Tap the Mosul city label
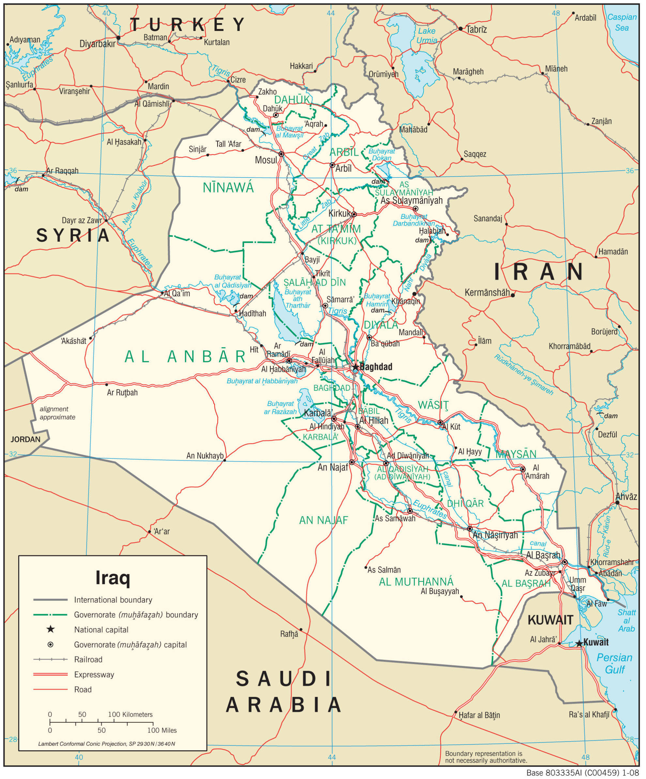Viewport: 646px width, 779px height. (x=266, y=160)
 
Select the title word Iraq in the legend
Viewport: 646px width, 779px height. (x=113, y=578)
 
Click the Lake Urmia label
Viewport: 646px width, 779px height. (x=427, y=36)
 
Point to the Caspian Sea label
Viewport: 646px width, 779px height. (x=622, y=22)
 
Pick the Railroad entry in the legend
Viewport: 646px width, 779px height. (x=88, y=659)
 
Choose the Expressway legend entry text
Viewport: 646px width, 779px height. (x=94, y=674)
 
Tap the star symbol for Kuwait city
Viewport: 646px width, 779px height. (x=579, y=643)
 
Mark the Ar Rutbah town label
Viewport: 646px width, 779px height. (x=122, y=392)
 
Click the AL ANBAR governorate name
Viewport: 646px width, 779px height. (x=185, y=357)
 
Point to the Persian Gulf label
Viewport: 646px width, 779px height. (x=614, y=664)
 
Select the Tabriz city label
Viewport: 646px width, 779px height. (x=476, y=29)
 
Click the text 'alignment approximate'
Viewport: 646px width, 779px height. (x=57, y=413)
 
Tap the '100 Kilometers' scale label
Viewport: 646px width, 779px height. (x=130, y=714)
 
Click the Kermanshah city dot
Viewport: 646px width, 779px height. (x=513, y=295)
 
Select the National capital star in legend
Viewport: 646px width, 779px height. (x=51, y=629)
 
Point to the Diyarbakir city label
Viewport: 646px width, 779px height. (x=97, y=44)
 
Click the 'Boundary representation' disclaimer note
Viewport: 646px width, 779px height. (x=486, y=757)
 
